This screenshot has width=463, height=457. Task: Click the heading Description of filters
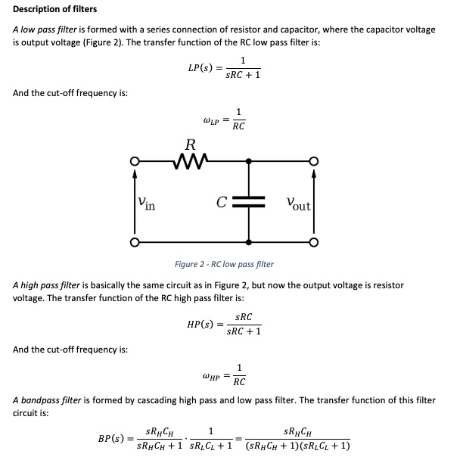click(55, 9)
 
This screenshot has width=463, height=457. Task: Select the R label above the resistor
click(190, 145)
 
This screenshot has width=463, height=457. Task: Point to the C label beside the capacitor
click(221, 202)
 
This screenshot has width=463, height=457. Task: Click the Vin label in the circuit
click(147, 203)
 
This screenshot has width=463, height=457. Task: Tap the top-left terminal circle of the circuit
click(134, 161)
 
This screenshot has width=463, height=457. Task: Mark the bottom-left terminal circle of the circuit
click(134, 242)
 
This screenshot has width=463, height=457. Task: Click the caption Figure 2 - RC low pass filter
click(224, 264)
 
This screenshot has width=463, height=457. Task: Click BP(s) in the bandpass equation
click(113, 438)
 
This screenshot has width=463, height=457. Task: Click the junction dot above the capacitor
click(249, 161)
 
